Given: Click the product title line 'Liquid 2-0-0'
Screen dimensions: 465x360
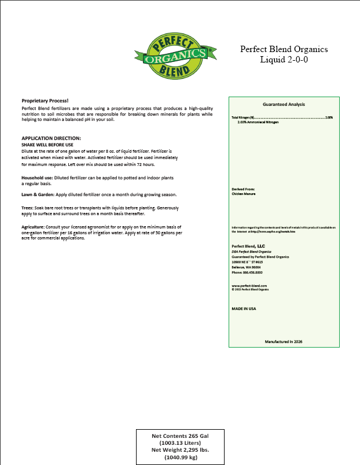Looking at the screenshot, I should pos(284,60).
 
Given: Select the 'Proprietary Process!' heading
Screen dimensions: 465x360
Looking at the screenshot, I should pos(45,101).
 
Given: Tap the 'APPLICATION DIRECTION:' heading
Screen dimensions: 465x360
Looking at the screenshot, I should pos(51,138).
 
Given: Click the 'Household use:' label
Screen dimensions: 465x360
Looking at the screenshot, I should pos(37,177).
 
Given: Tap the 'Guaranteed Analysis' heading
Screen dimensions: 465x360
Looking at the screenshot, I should pos(284,104).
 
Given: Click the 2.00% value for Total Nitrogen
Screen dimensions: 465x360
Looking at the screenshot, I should pos(329,117).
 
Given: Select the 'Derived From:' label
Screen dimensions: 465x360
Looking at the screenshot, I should pos(243,189).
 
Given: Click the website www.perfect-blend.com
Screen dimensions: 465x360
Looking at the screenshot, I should pos(249,286).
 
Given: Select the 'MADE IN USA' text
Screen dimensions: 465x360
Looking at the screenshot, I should pos(244,309).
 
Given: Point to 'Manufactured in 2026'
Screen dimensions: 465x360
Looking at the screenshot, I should pos(284,342).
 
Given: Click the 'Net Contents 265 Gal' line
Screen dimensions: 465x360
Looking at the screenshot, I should pos(180,436).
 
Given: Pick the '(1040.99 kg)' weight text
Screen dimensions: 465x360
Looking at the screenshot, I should pos(180,457).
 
